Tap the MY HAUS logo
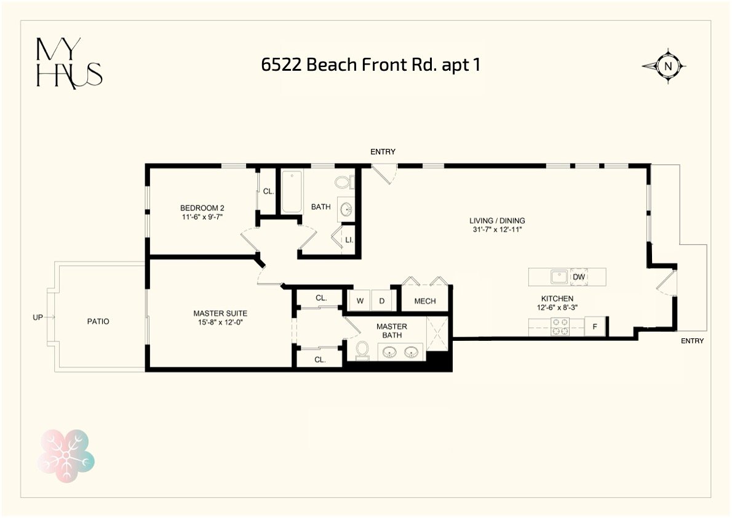coord(69,63)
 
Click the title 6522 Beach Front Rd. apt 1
coord(371,65)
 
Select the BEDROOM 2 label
coord(202,208)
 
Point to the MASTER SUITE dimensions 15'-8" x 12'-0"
coord(220,322)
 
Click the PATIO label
coord(98,321)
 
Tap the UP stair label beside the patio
coord(38,317)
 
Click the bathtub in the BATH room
coord(292,193)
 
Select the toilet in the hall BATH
coord(344,182)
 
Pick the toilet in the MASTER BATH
coord(362,350)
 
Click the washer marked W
coord(360,301)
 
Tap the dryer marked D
coord(381,301)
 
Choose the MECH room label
coord(425,301)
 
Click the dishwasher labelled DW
coord(579,277)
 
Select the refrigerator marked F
coord(595,327)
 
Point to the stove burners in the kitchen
coord(560,327)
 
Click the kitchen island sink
coord(559,276)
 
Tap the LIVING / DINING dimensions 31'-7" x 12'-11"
coord(497,229)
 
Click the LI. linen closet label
coord(349,240)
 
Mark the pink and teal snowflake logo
coord(66,455)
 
